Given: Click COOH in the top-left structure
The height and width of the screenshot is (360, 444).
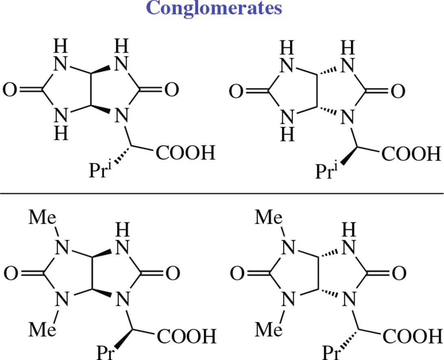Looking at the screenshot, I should (x=185, y=154).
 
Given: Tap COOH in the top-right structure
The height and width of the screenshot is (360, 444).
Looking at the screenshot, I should (x=411, y=154).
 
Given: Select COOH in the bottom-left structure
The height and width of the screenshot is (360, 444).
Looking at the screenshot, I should (x=185, y=336).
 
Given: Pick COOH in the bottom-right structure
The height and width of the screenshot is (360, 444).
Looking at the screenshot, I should (x=411, y=336).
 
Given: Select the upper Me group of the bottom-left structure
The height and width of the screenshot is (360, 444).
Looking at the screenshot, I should (x=43, y=219).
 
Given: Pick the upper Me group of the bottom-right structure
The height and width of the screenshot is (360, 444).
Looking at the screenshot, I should (x=269, y=219).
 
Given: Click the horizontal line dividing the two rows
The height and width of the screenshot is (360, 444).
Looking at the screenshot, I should (x=222, y=193).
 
